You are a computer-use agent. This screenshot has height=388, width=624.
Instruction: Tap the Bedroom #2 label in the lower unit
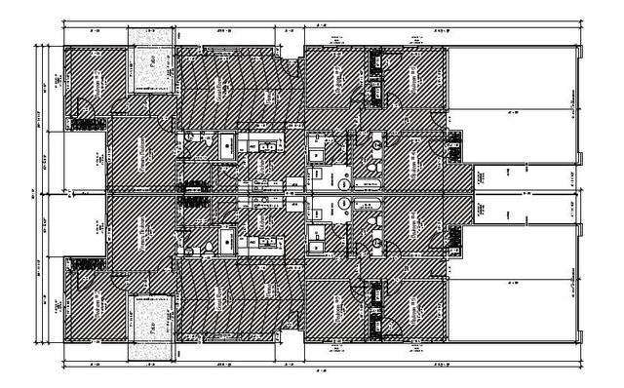[x=98, y=301]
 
